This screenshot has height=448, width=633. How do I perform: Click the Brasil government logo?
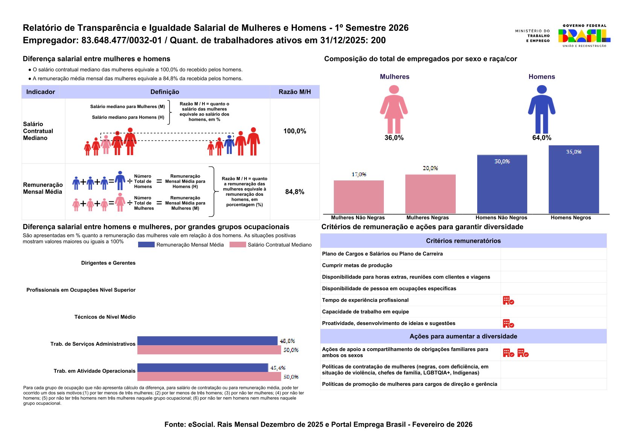pyautogui.click(x=584, y=36)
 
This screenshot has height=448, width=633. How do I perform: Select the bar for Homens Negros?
pyautogui.click(x=574, y=180)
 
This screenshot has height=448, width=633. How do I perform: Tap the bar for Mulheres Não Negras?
pyautogui.click(x=359, y=197)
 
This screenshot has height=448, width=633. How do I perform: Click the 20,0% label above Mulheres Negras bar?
pyautogui.click(x=430, y=168)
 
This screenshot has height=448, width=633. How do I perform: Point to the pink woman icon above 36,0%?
pyautogui.click(x=394, y=109)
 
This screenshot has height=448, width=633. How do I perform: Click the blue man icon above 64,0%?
pyautogui.click(x=542, y=109)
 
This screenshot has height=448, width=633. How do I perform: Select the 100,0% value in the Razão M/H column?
pyautogui.click(x=295, y=131)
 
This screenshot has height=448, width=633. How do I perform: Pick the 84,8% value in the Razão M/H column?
pyautogui.click(x=295, y=192)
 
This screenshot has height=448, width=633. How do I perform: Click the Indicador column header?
pyautogui.click(x=41, y=92)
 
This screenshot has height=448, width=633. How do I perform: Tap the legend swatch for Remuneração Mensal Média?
pyautogui.click(x=146, y=245)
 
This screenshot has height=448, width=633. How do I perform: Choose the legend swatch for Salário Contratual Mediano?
pyautogui.click(x=237, y=245)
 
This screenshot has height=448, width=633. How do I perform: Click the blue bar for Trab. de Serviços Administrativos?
pyautogui.click(x=207, y=341)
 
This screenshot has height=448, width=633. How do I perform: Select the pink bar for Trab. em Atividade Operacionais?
pyautogui.click(x=209, y=376)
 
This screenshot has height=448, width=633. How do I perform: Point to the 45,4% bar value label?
pyautogui.click(x=278, y=368)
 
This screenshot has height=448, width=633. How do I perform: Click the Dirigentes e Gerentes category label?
pyautogui.click(x=108, y=263)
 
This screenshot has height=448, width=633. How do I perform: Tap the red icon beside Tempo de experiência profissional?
pyautogui.click(x=508, y=300)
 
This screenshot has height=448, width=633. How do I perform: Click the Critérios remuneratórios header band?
pyautogui.click(x=463, y=241)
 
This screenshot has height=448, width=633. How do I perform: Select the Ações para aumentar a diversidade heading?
pyautogui.click(x=463, y=337)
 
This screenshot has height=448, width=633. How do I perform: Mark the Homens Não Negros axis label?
pyautogui.click(x=501, y=218)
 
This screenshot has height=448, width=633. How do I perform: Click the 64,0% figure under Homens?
pyautogui.click(x=542, y=138)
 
